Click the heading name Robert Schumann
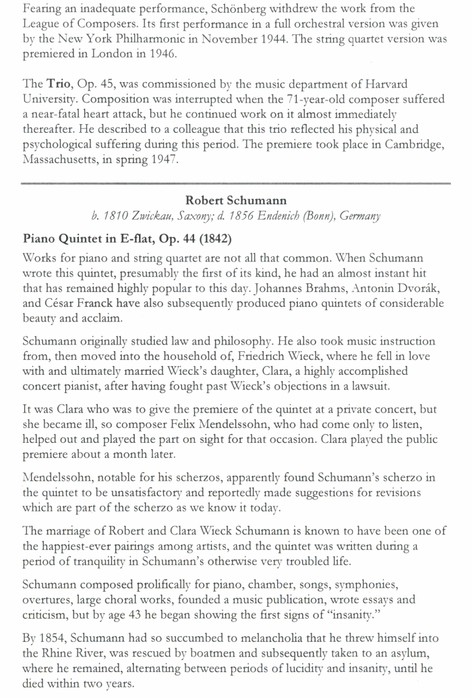pyautogui.click(x=236, y=200)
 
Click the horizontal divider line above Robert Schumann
pyautogui.click(x=236, y=182)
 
